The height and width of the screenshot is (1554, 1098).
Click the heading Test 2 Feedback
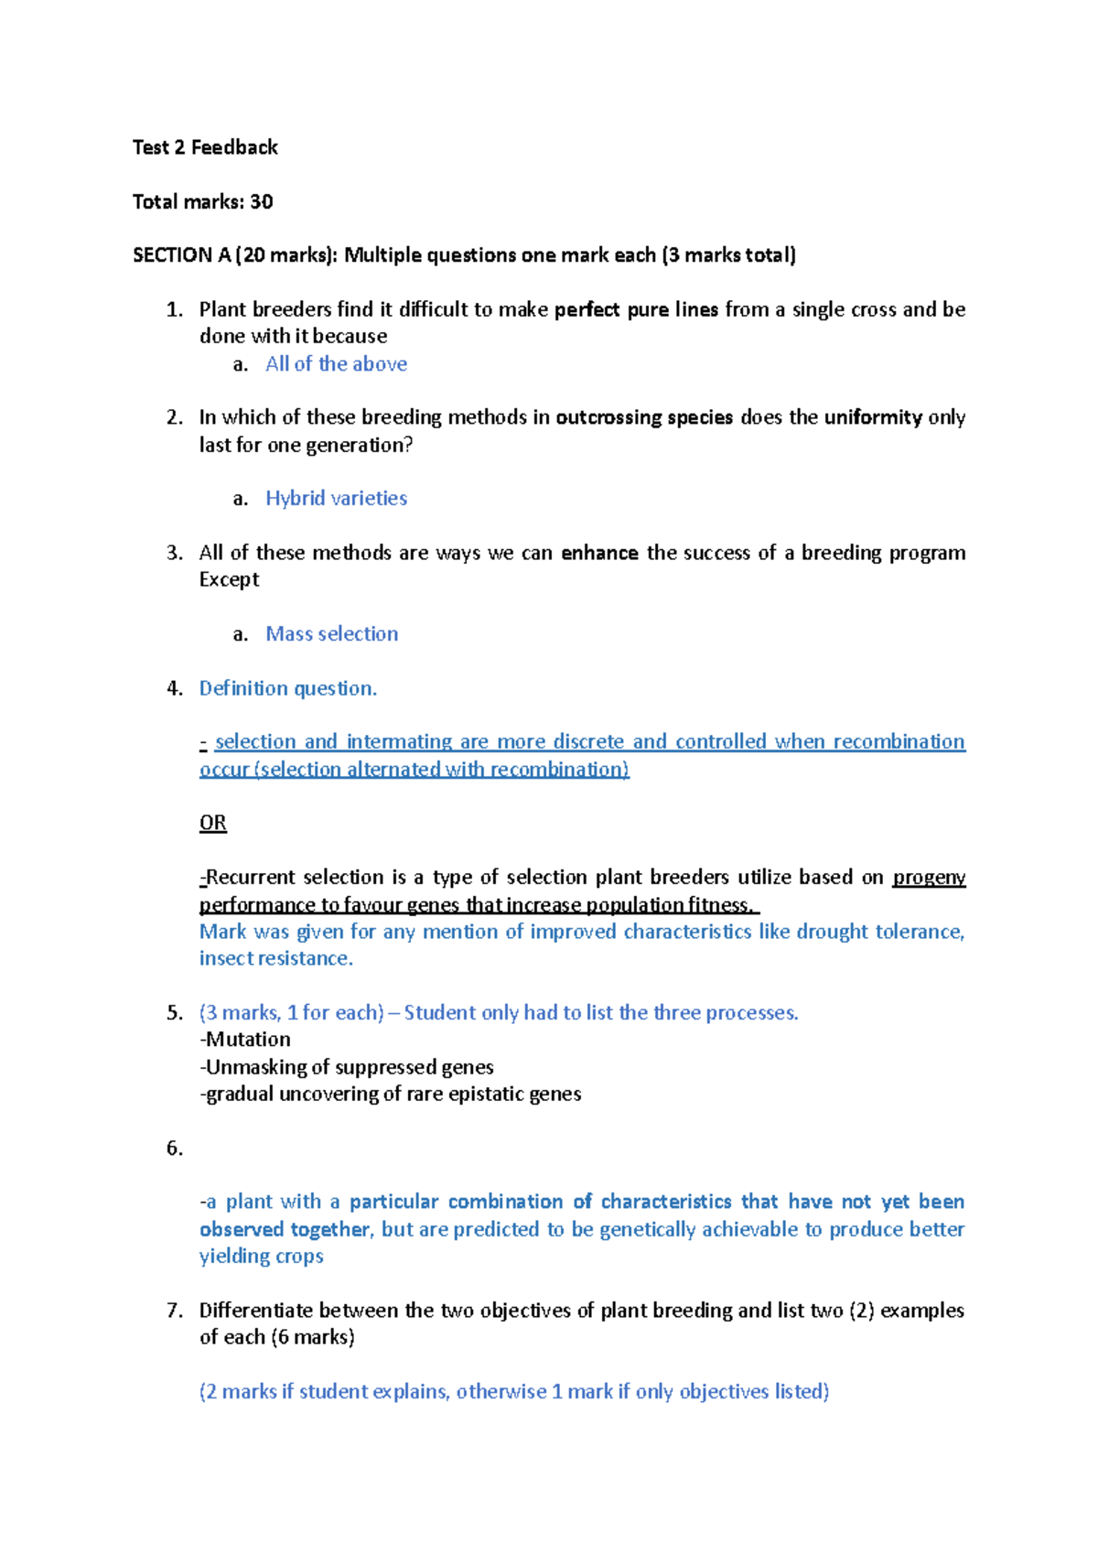tap(205, 147)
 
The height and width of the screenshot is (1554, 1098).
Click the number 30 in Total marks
tap(262, 201)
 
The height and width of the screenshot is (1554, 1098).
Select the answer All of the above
tap(336, 364)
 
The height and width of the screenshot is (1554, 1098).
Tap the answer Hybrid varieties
tap(336, 499)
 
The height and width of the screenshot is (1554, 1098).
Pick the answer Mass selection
tap(331, 634)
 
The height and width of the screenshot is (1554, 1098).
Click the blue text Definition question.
tap(287, 688)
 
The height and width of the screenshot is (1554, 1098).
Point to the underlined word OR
tap(213, 823)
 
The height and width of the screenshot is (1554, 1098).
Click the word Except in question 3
tap(229, 580)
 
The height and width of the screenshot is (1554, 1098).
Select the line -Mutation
tap(245, 1040)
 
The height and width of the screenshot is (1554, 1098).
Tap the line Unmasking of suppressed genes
tap(348, 1067)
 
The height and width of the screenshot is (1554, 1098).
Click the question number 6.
tap(174, 1149)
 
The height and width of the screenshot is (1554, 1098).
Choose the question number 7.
tap(174, 1311)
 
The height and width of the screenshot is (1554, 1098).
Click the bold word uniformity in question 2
tap(873, 417)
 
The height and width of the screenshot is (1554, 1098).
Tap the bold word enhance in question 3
tap(599, 553)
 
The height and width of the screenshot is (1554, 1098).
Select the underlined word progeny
tap(929, 878)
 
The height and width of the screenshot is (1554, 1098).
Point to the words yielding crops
tap(261, 1257)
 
